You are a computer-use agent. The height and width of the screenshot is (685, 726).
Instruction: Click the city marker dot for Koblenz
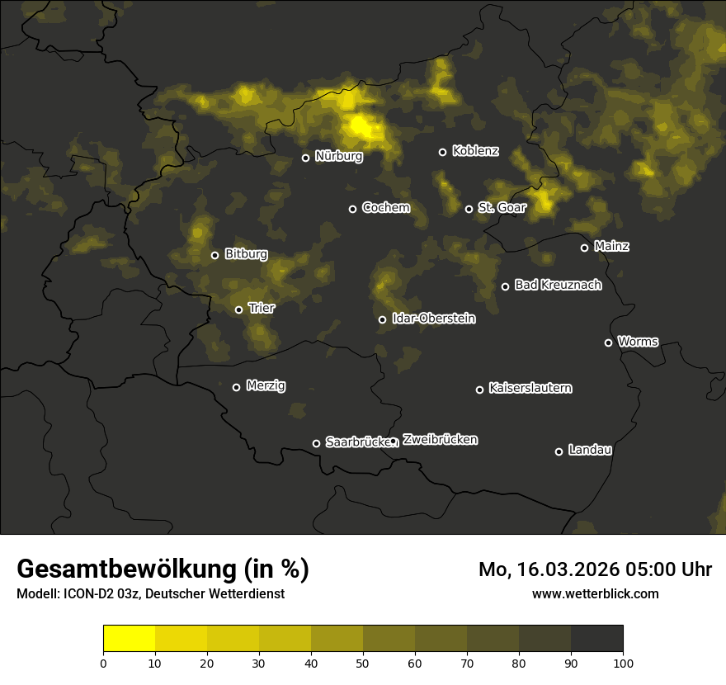[442, 152]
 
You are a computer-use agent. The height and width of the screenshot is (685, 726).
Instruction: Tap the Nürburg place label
[338, 156]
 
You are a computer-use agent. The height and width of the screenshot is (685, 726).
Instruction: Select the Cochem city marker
[352, 209]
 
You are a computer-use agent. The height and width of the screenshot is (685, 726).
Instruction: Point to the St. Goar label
[502, 208]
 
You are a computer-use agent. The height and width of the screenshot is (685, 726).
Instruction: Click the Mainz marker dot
[584, 248]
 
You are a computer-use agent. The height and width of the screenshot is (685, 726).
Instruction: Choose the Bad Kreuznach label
[558, 286]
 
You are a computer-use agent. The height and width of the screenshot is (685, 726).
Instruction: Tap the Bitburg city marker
[214, 255]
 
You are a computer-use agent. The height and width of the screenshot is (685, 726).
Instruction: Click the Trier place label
[261, 309]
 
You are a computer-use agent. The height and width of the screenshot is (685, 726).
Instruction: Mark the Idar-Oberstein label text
[434, 319]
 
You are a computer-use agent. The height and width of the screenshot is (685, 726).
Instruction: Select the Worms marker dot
[608, 342]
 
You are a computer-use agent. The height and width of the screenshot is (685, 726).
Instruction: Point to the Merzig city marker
[236, 387]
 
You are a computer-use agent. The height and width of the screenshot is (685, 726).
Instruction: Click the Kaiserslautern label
[530, 388]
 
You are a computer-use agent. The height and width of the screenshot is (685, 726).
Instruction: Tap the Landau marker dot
[559, 451]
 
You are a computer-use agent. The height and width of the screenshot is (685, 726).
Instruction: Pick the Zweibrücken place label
[440, 440]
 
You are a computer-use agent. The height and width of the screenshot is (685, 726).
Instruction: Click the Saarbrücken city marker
[316, 443]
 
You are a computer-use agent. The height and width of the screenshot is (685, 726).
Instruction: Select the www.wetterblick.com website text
[595, 593]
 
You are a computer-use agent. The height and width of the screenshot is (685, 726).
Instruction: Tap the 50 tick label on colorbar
[363, 662]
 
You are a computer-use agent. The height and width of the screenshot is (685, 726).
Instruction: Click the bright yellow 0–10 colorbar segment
[129, 639]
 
